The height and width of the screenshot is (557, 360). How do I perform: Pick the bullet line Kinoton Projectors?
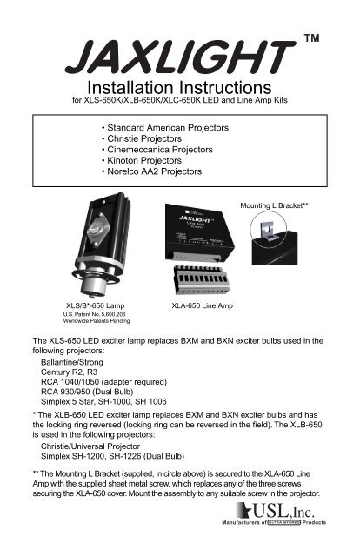(x=146, y=161)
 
